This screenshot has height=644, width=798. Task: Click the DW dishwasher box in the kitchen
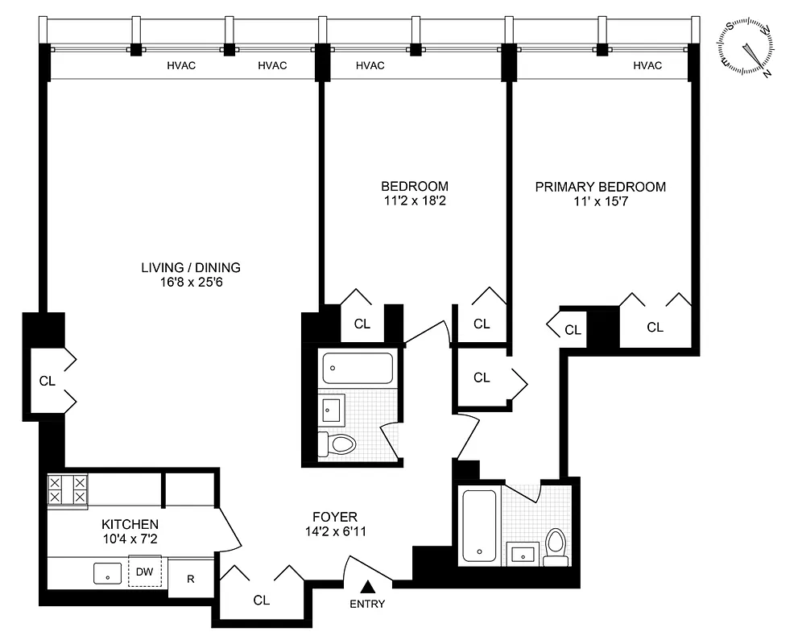click(144, 572)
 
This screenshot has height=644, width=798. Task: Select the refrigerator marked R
click(191, 578)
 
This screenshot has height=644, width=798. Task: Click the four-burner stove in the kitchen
click(68, 491)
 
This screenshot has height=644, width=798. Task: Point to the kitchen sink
click(107, 574)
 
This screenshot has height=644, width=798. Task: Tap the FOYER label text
click(335, 517)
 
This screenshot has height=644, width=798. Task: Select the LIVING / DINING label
click(191, 268)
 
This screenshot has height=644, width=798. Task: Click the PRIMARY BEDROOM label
click(601, 187)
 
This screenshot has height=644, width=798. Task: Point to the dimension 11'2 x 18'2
click(415, 200)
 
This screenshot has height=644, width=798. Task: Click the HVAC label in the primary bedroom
click(647, 66)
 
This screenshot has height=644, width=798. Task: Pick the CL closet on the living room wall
click(48, 381)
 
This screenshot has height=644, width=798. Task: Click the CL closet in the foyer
click(261, 600)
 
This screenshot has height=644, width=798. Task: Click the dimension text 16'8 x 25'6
click(191, 283)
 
